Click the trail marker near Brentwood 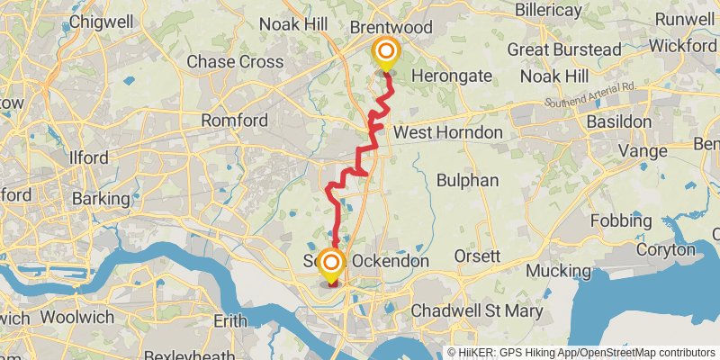pyautogui.click(x=386, y=52)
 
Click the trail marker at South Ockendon pyautogui.click(x=331, y=264)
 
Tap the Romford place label pyautogui.click(x=234, y=120)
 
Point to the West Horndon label pyautogui.click(x=448, y=132)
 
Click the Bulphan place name pyautogui.click(x=467, y=180)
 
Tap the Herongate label pyautogui.click(x=452, y=76)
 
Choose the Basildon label pyautogui.click(x=618, y=121)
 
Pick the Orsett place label pyautogui.click(x=476, y=256)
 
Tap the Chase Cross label pyautogui.click(x=235, y=62)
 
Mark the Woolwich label pyautogui.click(x=76, y=317)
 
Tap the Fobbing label pyautogui.click(x=621, y=220)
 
